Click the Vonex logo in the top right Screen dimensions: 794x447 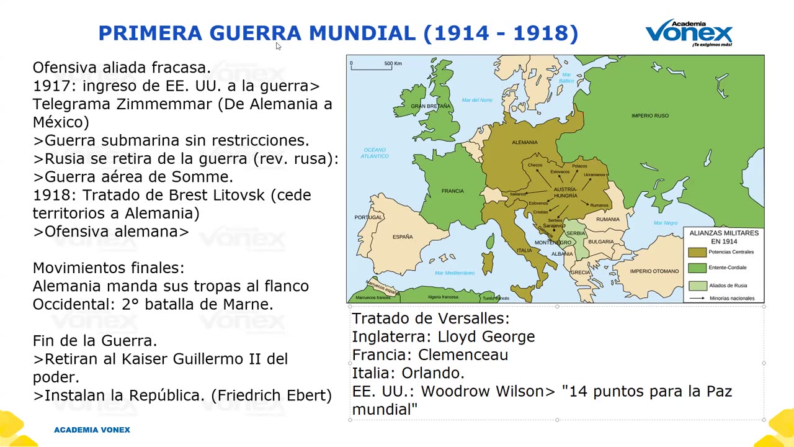(x=689, y=32)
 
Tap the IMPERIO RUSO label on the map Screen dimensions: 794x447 (x=649, y=115)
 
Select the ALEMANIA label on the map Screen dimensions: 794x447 (x=524, y=142)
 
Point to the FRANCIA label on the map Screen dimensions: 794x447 (x=452, y=191)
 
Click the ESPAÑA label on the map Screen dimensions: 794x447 (x=402, y=237)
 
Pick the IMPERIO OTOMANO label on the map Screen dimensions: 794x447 (x=654, y=271)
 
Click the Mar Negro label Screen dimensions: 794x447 (x=666, y=222)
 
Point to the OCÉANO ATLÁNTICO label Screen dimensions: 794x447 (x=375, y=153)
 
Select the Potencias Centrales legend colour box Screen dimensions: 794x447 (x=697, y=252)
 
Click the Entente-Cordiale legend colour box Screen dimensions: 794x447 (x=697, y=268)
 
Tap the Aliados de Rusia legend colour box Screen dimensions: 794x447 (x=697, y=286)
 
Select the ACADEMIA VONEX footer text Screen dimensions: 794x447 (x=92, y=430)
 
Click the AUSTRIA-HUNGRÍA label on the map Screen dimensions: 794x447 (x=565, y=192)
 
